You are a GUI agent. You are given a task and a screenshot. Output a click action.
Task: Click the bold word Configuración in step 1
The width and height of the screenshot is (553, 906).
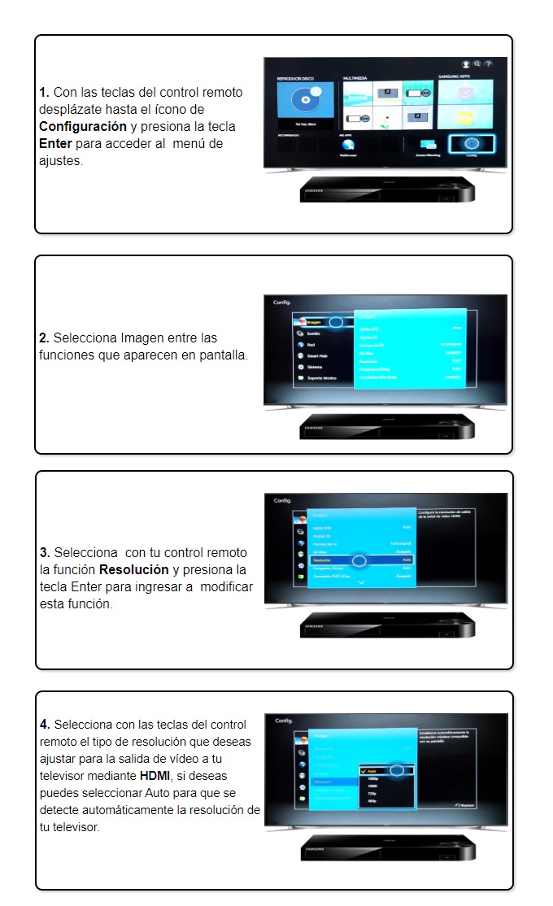[83, 126]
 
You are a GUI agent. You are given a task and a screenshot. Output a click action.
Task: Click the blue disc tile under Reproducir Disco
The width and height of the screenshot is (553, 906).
[305, 103]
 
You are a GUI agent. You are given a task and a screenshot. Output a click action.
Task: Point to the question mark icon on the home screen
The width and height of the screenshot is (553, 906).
[488, 63]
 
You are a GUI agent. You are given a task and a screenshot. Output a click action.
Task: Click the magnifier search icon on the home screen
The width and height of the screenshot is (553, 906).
[477, 63]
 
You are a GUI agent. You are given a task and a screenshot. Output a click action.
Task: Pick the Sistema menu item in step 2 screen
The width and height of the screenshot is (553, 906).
[314, 367]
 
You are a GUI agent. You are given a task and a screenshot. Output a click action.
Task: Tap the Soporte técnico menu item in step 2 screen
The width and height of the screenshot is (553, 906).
[320, 378]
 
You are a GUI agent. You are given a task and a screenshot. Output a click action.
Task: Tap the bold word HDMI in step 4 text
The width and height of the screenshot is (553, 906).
[154, 776]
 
